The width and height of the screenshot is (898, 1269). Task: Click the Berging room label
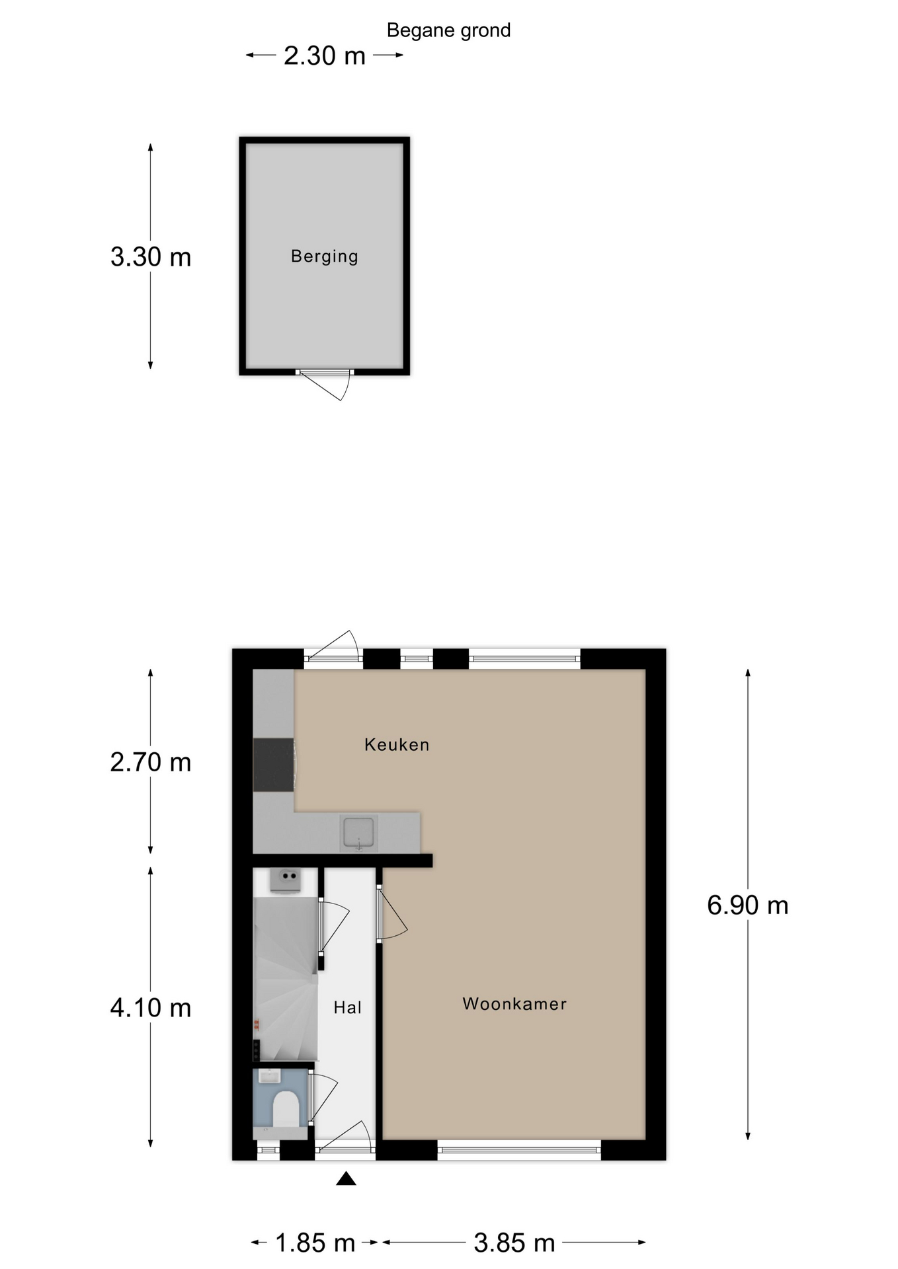tap(324, 256)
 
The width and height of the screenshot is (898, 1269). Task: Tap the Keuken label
tap(397, 745)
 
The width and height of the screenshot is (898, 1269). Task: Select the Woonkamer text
tap(514, 1004)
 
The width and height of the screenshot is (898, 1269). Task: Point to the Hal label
tap(347, 1007)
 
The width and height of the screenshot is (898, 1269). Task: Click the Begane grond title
tap(448, 30)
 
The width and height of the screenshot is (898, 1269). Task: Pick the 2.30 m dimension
tap(325, 56)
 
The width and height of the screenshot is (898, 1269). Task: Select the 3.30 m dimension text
tap(151, 256)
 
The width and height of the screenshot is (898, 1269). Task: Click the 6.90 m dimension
tap(748, 905)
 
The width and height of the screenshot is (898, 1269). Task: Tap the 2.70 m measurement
tap(151, 762)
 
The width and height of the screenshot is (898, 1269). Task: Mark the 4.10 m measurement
tap(151, 1008)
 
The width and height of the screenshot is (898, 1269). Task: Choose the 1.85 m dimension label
tap(315, 1243)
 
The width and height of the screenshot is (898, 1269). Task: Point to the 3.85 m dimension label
tap(514, 1243)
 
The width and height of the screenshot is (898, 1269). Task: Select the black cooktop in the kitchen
tap(274, 765)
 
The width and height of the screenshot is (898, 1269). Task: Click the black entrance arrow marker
tap(346, 1178)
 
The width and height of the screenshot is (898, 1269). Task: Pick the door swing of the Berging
tap(325, 385)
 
